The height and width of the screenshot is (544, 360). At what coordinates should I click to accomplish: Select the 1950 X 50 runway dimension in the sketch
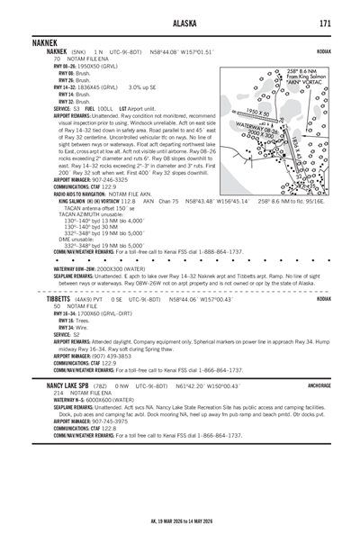pos(259,112)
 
